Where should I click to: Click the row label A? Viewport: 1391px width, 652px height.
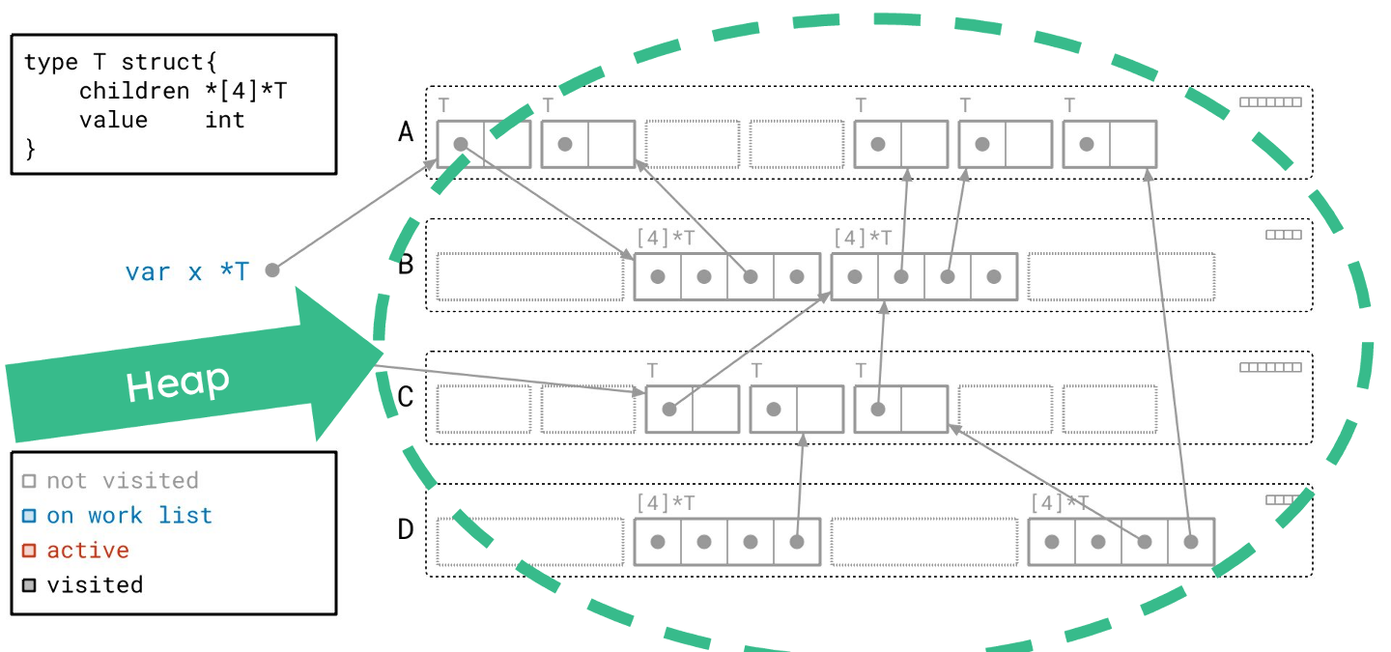point(406,131)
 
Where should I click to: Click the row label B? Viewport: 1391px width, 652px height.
point(406,264)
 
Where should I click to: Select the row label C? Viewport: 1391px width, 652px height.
point(406,396)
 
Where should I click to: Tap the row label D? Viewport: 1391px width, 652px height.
point(406,529)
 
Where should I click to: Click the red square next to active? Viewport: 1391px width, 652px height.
point(29,551)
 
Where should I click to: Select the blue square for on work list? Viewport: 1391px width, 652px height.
point(29,516)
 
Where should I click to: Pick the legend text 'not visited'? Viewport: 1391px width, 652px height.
point(122,481)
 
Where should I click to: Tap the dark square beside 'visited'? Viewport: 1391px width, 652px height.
point(29,585)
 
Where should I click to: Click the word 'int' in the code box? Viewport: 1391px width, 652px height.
point(225,121)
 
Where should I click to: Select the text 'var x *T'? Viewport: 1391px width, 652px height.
point(186,271)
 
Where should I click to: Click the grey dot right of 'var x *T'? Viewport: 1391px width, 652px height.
point(272,270)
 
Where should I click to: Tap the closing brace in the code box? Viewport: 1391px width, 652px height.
point(30,149)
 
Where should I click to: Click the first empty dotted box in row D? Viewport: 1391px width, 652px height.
point(529,542)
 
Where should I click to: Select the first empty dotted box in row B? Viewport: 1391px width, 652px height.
point(529,276)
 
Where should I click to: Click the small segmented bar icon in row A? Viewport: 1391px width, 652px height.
point(1270,102)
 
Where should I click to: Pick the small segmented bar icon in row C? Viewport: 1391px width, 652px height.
point(1270,367)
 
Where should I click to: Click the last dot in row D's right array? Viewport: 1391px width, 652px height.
point(1190,542)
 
